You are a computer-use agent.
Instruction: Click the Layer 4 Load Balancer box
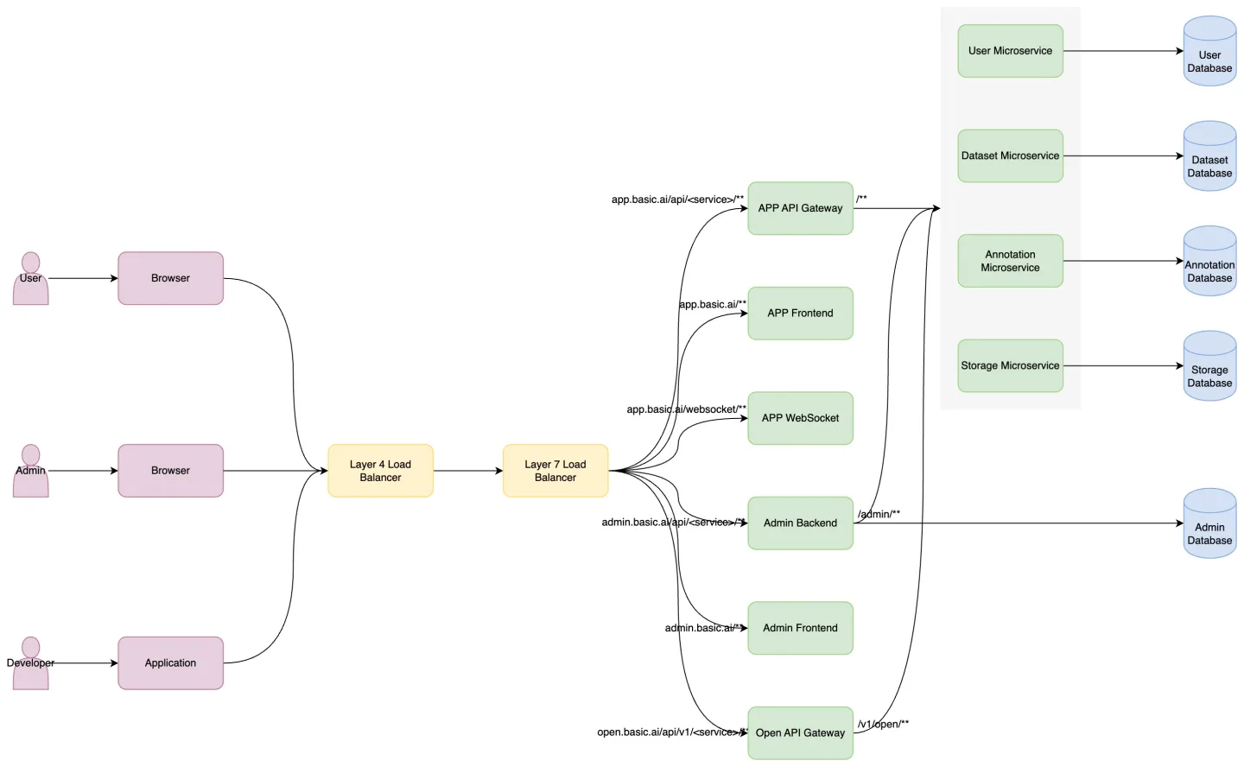380,471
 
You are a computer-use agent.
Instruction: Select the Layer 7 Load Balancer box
555,471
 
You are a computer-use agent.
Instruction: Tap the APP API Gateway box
800,208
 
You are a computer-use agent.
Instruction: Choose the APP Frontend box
800,314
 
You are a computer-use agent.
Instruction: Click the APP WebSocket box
800,418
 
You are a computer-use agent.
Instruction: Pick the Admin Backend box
800,523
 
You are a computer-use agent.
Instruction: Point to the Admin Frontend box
800,628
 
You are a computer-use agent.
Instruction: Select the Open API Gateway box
800,733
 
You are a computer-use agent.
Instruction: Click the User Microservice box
1010,51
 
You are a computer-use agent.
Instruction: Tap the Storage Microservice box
1010,366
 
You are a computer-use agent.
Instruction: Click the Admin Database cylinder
1209,523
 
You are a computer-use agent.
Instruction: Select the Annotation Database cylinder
1209,261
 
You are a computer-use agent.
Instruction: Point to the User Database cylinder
1209,51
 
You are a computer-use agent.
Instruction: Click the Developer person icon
30,663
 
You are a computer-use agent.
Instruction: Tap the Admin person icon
30,471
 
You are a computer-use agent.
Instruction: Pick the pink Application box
170,663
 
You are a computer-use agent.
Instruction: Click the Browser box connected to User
170,278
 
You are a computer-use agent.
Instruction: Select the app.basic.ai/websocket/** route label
687,409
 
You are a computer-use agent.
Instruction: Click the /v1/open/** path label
883,724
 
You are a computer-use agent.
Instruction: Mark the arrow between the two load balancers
468,471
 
